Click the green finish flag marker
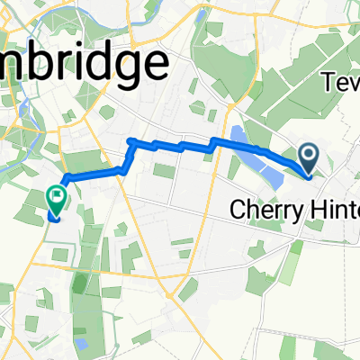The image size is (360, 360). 56,193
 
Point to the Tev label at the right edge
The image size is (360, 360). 341,83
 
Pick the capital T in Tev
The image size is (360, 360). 328,83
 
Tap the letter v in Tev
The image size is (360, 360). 353,84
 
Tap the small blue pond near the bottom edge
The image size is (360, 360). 82,343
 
